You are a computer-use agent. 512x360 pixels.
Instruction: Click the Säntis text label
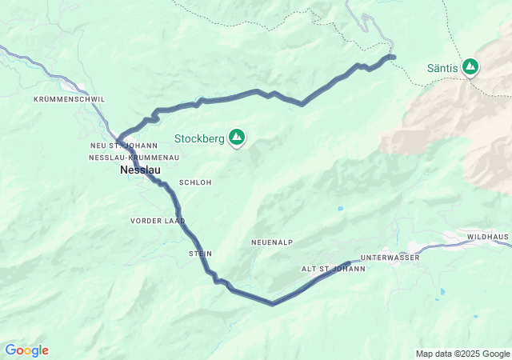442,68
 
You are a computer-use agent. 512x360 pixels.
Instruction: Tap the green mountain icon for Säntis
470,67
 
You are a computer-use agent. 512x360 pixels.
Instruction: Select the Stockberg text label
199,138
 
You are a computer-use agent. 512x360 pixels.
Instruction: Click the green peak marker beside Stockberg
237,138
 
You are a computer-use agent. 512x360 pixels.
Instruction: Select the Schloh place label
195,182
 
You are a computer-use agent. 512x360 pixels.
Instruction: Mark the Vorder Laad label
158,220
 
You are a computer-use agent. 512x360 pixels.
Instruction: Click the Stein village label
200,254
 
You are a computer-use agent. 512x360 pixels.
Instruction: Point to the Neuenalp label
272,242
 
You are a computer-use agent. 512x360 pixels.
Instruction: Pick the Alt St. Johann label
333,269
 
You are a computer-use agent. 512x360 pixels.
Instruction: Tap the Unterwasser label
390,258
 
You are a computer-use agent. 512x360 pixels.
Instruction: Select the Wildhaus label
488,238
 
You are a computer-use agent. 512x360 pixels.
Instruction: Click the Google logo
26,350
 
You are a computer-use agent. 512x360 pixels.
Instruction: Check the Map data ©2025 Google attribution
462,354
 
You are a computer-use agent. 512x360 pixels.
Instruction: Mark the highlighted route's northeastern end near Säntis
393,56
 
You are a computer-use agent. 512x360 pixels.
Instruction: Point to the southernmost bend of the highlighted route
272,304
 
